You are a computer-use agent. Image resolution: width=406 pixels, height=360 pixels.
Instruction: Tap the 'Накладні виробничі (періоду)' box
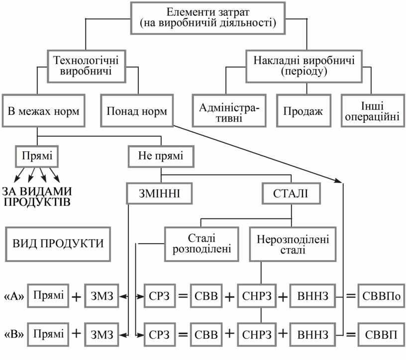click(x=304, y=66)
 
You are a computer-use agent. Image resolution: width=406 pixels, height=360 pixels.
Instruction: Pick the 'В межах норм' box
click(x=44, y=110)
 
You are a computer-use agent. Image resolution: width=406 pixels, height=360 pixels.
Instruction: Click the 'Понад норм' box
click(x=137, y=110)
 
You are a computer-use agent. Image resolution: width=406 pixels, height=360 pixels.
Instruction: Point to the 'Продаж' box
click(x=304, y=110)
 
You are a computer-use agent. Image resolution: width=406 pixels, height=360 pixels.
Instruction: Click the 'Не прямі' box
click(x=161, y=157)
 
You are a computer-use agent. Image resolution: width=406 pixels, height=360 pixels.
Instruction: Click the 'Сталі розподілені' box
click(x=200, y=244)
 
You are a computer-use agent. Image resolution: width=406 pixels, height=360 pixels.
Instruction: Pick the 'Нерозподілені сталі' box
click(x=293, y=244)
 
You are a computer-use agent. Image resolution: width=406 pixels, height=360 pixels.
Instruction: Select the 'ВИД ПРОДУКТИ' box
click(x=58, y=244)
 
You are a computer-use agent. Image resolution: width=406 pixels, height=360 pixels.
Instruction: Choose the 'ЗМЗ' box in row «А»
click(x=102, y=296)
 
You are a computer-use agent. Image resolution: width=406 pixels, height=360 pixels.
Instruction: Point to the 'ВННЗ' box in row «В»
click(x=312, y=333)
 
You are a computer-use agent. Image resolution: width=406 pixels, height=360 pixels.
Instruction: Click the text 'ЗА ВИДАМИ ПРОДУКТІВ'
click(x=36, y=197)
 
